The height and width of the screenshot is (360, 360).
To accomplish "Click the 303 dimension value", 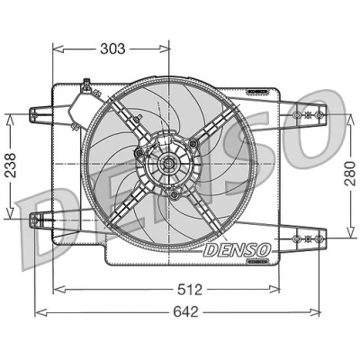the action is pos(112,49).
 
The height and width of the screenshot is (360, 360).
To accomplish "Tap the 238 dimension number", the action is pos(10,165).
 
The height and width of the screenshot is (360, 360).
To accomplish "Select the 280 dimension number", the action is pos(350,173).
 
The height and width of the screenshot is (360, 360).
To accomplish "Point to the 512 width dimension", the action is pos(190,290).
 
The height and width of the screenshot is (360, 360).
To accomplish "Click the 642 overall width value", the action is pos(186,312).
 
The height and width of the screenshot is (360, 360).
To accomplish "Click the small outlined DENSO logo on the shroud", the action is pos(237,250).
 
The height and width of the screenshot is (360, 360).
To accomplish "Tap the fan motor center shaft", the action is pos(168,164).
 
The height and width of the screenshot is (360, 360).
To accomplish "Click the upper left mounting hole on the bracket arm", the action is pos(34,114).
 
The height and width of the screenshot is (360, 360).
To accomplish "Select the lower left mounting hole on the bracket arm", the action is pos(34,220).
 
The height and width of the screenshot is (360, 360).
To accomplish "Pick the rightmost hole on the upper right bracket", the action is pos(319,114).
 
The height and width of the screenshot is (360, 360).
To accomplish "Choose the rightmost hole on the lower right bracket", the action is pos(319,238).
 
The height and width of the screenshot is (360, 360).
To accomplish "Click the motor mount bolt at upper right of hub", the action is pos(193,143).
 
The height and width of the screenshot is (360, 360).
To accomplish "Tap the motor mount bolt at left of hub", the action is pos(139,153).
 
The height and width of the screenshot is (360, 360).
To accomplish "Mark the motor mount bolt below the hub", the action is pos(173,195).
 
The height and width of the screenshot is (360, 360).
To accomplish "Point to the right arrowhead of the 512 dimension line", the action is pos(274,289).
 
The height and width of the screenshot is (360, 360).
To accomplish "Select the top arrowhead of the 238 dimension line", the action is pos(10,120).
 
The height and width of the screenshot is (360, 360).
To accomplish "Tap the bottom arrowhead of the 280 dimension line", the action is pos(350,233).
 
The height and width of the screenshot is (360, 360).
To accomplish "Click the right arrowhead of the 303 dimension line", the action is pos(165,49).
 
